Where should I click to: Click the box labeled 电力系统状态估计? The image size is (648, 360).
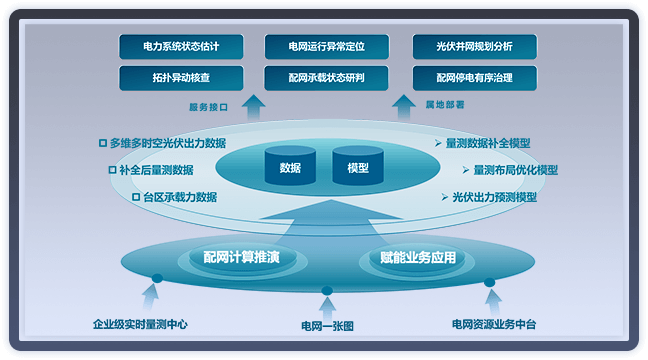pos(180,46)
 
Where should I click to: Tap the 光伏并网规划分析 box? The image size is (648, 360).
pos(475,46)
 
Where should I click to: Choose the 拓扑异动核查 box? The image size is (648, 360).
pos(180,77)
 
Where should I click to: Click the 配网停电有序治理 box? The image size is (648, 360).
pos(475,77)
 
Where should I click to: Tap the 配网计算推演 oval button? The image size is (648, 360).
pos(248,258)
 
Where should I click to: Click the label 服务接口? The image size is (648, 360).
pos(209,105)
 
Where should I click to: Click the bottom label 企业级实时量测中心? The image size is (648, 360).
pos(140,324)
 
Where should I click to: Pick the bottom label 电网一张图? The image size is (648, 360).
pos(327,326)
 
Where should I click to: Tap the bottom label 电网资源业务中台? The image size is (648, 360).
pos(493,324)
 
